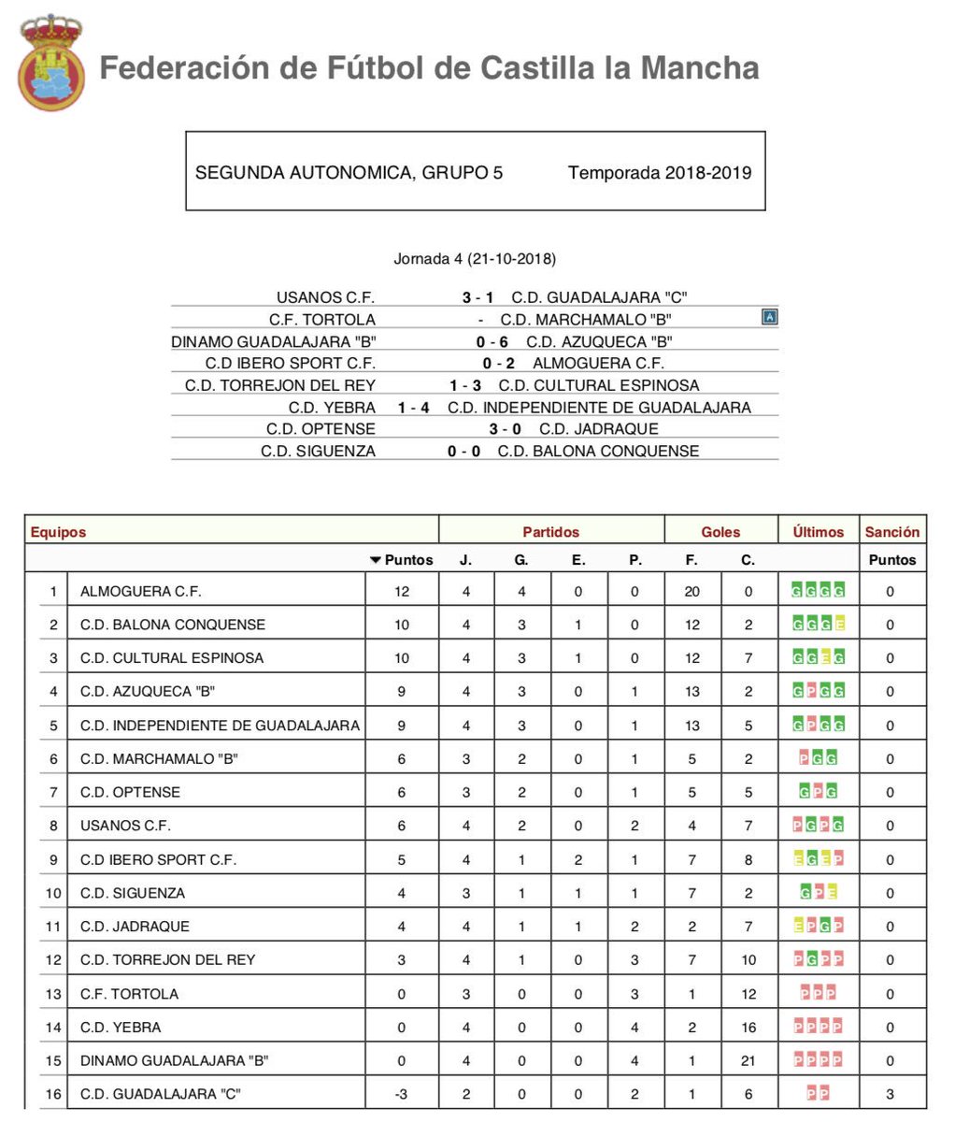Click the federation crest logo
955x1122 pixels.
50,63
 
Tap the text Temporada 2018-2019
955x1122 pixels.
660,172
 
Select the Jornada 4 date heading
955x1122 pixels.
475,259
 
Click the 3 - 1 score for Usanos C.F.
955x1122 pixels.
477,297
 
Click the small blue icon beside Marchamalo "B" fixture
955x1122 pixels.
770,318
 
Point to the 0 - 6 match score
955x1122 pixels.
492,341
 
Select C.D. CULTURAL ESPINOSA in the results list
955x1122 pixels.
599,385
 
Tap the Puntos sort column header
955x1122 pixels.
403,559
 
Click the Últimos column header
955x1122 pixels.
818,531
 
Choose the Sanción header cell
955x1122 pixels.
891,531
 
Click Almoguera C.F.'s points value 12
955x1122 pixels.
402,591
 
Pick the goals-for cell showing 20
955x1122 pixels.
691,591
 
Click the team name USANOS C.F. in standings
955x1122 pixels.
125,826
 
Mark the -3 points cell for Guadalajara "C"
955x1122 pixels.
402,1094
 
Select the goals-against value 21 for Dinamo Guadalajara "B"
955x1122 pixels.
748,1060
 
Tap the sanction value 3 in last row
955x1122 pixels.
890,1094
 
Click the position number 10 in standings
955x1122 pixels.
53,893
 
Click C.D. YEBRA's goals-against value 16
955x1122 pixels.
748,1027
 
